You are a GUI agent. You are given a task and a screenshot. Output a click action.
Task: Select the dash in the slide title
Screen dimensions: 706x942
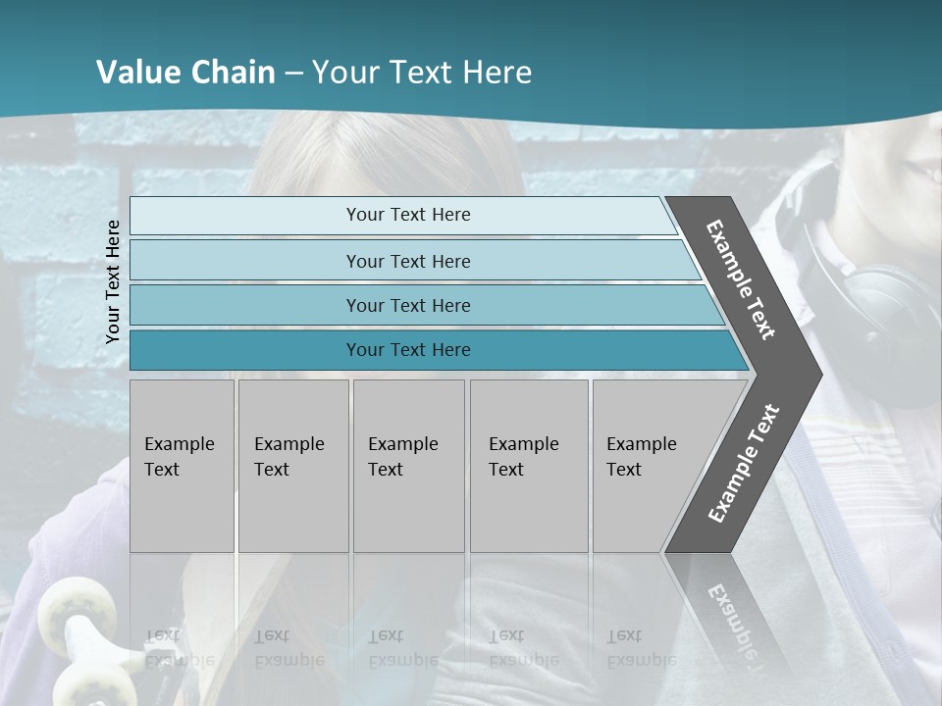[x=293, y=74]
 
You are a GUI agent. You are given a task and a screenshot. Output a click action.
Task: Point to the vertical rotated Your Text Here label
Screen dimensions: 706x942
[x=113, y=281]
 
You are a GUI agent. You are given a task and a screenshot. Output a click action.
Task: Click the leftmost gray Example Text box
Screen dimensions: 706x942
[x=182, y=466]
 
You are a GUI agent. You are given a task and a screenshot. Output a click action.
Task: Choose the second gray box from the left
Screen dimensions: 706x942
[x=292, y=466]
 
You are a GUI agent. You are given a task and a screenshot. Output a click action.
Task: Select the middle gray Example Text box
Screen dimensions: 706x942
[x=408, y=466]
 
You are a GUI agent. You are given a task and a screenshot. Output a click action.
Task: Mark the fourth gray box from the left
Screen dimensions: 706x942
[x=528, y=466]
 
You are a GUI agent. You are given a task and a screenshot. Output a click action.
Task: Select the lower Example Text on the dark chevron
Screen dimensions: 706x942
[x=744, y=463]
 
